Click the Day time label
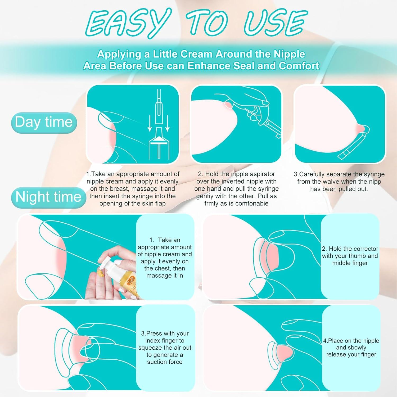[x=44, y=122]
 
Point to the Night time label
[x=48, y=197]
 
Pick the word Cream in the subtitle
[x=197, y=54]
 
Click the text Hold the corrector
[x=350, y=249]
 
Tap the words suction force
[x=165, y=362]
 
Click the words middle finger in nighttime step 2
[x=350, y=263]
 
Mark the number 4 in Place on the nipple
[x=325, y=341]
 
